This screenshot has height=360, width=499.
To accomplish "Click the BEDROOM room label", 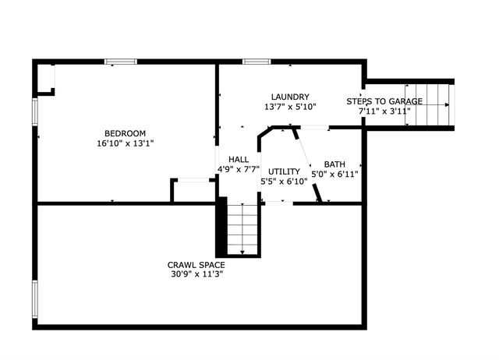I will [x=126, y=133].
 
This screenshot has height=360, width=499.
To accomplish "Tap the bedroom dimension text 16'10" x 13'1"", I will [x=126, y=143].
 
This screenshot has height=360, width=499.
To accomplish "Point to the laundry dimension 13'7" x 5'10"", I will [x=290, y=107].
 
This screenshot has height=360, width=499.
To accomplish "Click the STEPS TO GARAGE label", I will [x=384, y=101].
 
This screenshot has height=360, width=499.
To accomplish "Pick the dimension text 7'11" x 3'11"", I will [x=384, y=111].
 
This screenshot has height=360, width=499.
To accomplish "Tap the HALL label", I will [x=239, y=160].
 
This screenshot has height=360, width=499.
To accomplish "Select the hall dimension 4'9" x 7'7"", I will [x=239, y=171].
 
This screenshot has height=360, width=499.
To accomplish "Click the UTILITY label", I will [x=284, y=171].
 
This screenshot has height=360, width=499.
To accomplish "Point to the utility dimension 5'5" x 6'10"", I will [x=284, y=182].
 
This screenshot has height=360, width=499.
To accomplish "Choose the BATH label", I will [x=334, y=164].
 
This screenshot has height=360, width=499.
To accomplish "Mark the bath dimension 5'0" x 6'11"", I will [x=334, y=175].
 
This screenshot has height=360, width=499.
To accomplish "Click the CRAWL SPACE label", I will [x=196, y=265].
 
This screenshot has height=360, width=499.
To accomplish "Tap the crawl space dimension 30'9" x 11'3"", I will [x=196, y=274].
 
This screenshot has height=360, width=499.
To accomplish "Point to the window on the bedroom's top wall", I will [x=121, y=62].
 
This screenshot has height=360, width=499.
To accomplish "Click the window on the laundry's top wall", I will [x=256, y=62].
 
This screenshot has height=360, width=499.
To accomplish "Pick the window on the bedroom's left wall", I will [x=34, y=111].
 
